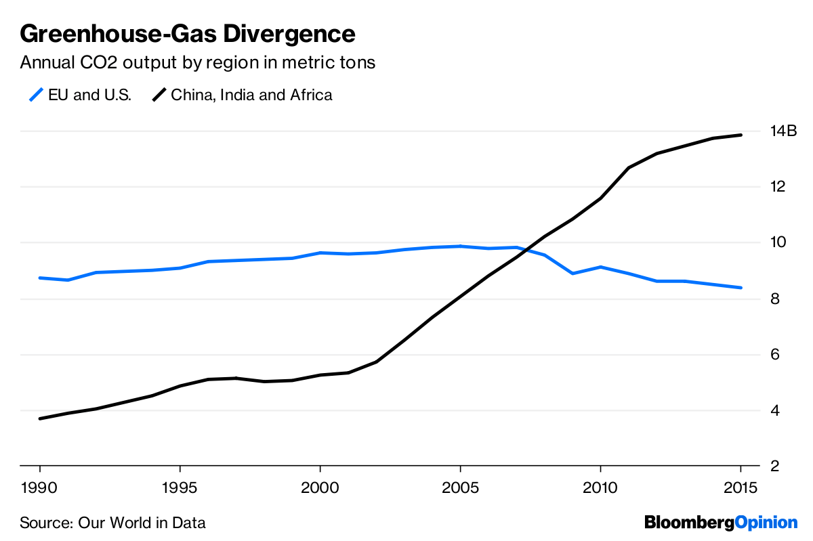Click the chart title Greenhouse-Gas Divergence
(188, 33)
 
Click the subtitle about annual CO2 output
(198, 63)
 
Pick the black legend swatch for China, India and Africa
(159, 95)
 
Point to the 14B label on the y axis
(784, 131)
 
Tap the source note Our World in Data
(112, 523)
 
